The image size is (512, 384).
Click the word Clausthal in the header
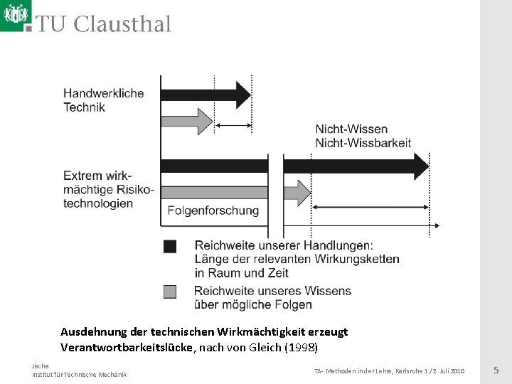click(122, 25)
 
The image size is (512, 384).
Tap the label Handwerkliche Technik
click(103, 100)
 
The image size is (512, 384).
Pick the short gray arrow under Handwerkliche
click(187, 121)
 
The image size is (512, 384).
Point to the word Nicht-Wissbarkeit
click(363, 143)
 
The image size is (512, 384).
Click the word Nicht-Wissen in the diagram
click(351, 129)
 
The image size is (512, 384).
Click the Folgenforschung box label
click(213, 210)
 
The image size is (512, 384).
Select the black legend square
click(170, 247)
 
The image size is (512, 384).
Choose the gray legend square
click(170, 291)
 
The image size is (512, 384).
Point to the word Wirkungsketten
click(358, 259)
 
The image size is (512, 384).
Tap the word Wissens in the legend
click(329, 291)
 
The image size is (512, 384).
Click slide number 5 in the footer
click(496, 370)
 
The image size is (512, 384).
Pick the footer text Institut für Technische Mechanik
click(79, 375)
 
